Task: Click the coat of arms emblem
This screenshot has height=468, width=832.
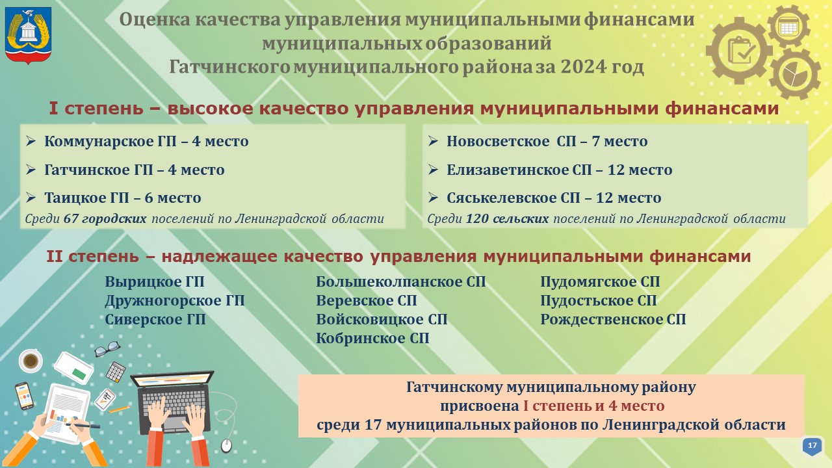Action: click(28, 35)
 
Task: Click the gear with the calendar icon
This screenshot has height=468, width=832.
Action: click(788, 27)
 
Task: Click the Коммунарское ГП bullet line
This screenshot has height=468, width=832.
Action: click(137, 142)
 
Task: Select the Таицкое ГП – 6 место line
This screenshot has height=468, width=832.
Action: click(114, 198)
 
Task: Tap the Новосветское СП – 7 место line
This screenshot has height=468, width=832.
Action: click(538, 142)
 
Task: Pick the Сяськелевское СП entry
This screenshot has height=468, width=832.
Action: click(545, 198)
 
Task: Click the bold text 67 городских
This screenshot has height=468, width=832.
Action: click(105, 219)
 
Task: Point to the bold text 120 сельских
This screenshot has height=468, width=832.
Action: click(508, 219)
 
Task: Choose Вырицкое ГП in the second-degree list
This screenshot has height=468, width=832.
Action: click(155, 282)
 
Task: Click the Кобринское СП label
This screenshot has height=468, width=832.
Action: click(372, 339)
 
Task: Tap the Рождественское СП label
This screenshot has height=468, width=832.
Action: click(613, 319)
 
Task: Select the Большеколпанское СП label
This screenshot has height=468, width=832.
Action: click(401, 282)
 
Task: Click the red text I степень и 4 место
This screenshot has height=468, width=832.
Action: click(594, 406)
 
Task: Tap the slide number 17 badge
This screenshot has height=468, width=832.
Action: click(812, 446)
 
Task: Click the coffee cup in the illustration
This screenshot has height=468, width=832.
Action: click(30, 360)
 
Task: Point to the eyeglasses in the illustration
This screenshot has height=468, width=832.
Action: click(107, 349)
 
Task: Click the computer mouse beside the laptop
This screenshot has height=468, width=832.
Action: click(226, 446)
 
